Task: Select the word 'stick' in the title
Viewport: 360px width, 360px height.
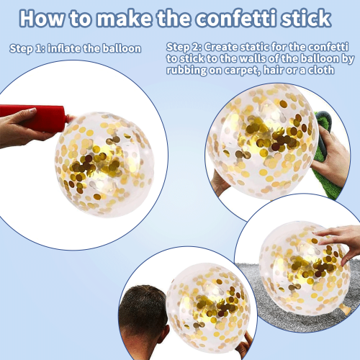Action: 307,18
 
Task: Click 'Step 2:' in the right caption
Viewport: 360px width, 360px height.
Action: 184,47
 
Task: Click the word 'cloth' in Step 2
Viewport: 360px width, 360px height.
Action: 321,70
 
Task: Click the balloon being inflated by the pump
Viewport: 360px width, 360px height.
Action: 104,165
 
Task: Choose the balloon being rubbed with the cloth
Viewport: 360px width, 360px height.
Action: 262,141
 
